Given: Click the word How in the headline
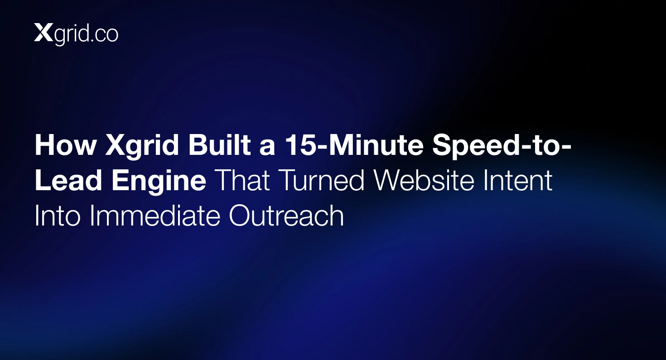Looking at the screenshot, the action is click(x=66, y=145).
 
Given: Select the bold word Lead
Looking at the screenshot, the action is click(x=69, y=180).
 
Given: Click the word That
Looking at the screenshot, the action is click(x=243, y=180).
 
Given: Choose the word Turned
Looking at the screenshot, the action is click(x=322, y=180).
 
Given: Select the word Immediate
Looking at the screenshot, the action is click(x=154, y=216).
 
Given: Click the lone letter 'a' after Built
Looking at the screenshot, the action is click(x=267, y=148).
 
